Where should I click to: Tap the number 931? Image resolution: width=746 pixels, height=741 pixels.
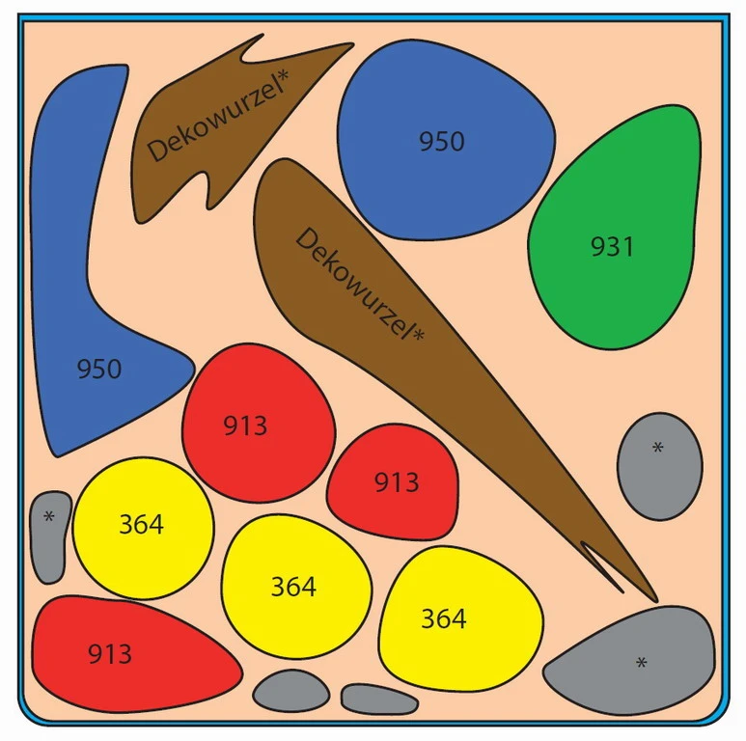click(x=613, y=247)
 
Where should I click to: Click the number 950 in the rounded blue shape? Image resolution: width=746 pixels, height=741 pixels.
click(x=441, y=142)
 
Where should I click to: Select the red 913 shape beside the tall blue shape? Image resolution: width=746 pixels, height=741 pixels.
click(x=259, y=423)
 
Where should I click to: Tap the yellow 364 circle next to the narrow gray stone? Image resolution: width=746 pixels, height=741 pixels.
click(x=143, y=527)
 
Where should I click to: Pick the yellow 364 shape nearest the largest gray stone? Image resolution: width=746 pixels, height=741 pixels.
click(x=458, y=617)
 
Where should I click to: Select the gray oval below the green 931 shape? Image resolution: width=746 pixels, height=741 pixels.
click(x=659, y=466)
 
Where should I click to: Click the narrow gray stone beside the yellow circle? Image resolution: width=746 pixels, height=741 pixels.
click(x=50, y=536)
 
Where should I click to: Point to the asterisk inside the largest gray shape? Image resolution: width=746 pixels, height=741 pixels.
click(x=641, y=663)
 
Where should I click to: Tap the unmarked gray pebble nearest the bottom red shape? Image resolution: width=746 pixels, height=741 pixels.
click(x=290, y=691)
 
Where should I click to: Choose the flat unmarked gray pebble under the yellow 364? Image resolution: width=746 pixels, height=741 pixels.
click(x=378, y=700)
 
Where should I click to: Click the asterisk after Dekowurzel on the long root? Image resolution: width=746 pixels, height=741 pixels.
click(x=417, y=335)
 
